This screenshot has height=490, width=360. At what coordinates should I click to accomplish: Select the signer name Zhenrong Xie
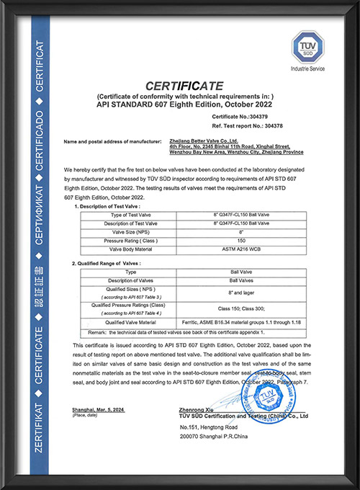[x=194, y=409]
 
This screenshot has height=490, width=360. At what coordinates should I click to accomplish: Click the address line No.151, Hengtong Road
[x=210, y=429]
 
